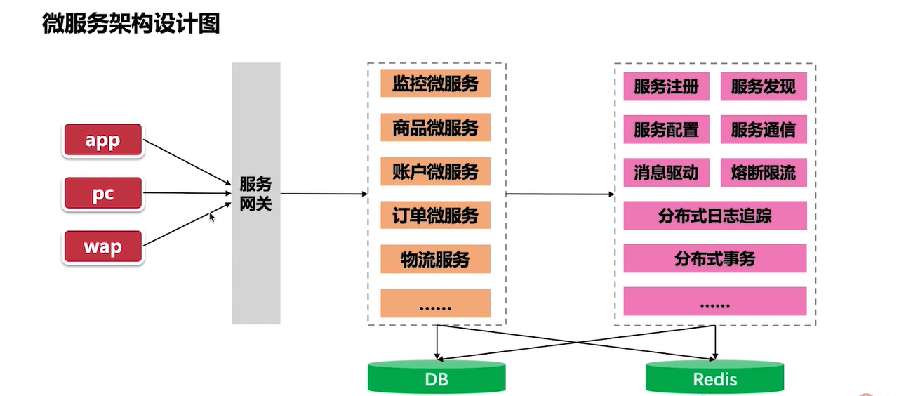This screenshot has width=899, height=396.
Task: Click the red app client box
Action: tap(102, 140)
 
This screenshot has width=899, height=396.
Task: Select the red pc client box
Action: tap(102, 194)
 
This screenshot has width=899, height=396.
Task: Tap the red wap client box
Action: tap(102, 247)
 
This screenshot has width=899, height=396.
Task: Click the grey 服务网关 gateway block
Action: tap(256, 193)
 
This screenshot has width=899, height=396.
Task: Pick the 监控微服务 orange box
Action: tap(435, 84)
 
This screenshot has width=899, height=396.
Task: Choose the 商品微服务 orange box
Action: tap(435, 127)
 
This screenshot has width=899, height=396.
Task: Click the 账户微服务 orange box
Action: tap(435, 171)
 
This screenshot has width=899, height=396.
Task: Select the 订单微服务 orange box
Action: tap(435, 215)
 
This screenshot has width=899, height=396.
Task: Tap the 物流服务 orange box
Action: tap(435, 259)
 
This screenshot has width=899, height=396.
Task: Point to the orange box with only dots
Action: tap(435, 303)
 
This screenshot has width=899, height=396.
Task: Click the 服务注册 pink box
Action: tap(666, 87)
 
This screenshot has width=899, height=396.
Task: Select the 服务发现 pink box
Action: tap(764, 87)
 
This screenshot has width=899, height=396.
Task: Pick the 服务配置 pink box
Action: tap(666, 130)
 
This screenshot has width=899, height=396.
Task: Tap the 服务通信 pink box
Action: tap(764, 130)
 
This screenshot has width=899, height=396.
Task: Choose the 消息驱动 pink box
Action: tap(666, 173)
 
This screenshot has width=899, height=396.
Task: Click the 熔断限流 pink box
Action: tap(764, 173)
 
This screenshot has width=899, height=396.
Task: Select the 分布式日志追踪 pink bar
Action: tap(714, 216)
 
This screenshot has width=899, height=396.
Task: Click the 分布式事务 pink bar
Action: tap(714, 258)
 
